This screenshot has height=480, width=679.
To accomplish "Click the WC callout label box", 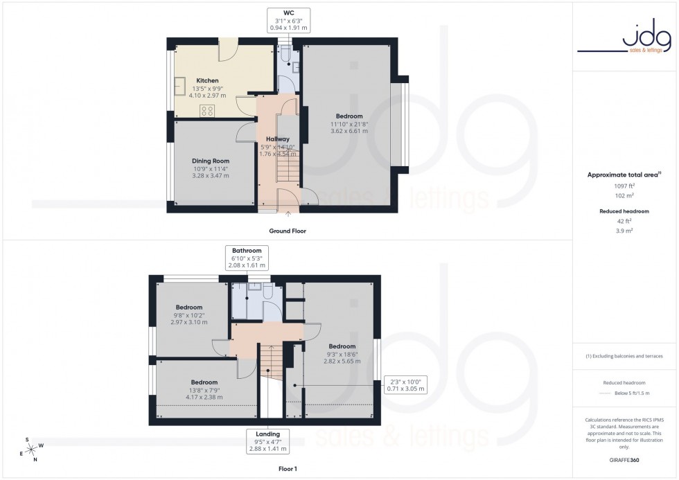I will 289,19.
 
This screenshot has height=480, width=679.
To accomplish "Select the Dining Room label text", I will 210,168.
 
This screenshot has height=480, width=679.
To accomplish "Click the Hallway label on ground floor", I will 277,147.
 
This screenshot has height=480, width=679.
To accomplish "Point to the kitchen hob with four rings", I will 207,111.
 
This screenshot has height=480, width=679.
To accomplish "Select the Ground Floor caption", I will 288,231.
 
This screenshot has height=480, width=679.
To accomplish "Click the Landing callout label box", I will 267,441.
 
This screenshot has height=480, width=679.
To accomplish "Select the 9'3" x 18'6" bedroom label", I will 342,354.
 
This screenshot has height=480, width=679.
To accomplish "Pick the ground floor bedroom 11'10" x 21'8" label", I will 349,124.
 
